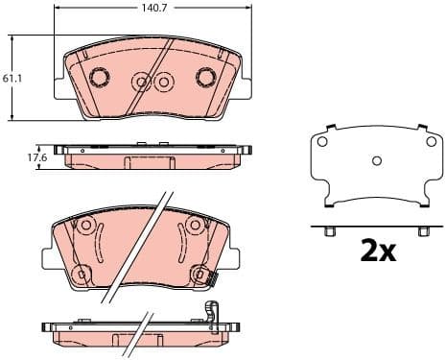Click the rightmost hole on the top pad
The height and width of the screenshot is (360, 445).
pos(204,77)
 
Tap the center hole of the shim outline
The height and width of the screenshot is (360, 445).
pos(376,160)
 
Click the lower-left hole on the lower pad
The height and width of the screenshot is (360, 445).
pos(82,275)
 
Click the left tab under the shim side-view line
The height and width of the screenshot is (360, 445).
pos(331,231)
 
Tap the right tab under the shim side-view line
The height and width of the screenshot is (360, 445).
pos(419,231)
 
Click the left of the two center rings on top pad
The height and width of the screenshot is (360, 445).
pos(142,82)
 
